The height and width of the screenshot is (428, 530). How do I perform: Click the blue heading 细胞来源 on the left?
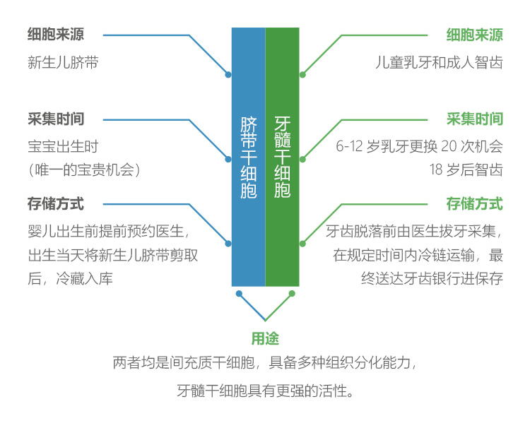click(55, 35)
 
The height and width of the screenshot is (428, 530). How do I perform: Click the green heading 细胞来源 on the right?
click(474, 35)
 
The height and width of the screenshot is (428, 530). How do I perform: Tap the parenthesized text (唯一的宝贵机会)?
click(84, 170)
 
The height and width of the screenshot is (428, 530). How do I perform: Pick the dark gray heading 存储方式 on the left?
click(55, 204)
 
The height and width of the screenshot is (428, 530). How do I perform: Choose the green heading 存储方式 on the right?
click(474, 204)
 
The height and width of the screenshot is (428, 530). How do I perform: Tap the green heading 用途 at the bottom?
click(265, 339)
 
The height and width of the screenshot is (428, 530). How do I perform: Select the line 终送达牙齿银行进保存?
click(432, 278)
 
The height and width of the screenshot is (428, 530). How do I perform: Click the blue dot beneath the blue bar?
click(239, 293)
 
